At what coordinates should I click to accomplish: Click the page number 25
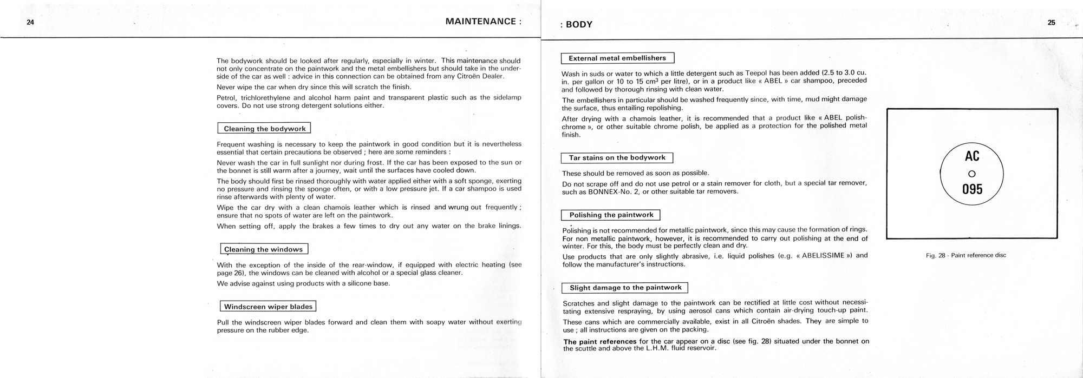[x=1052, y=23]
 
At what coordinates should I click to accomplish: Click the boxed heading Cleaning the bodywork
[x=264, y=129]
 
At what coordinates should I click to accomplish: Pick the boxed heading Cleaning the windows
[x=264, y=249]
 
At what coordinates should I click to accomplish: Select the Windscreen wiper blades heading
[x=268, y=307]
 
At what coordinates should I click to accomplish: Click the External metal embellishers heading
[x=617, y=58]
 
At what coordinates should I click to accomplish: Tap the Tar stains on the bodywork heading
[x=617, y=158]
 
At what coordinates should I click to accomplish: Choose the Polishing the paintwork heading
[x=611, y=215]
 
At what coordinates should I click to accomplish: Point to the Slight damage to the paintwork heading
[x=625, y=288]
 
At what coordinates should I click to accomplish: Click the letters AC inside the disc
[x=972, y=156]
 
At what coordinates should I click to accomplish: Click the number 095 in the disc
[x=972, y=189]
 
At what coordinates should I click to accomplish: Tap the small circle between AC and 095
[x=971, y=174]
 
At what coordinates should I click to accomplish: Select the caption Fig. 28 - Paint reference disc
[x=966, y=255]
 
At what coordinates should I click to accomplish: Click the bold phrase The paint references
[x=600, y=342]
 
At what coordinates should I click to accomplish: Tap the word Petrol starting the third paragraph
[x=227, y=98]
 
